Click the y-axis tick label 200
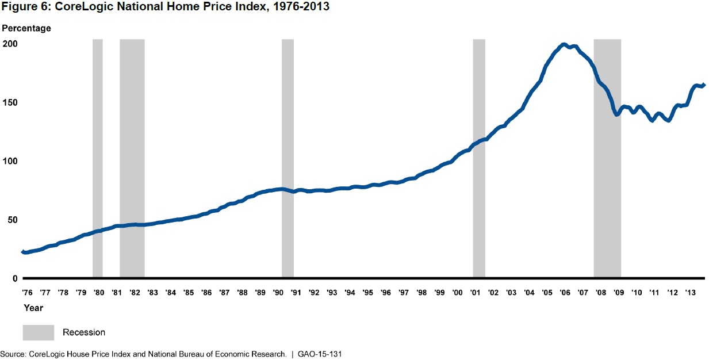(11, 44)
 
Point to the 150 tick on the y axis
(11, 103)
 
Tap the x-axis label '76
(27, 292)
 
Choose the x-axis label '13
(691, 292)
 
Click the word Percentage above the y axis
(26, 28)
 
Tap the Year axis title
(33, 308)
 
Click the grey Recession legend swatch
(39, 332)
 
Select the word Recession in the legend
(84, 332)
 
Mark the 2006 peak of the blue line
(564, 45)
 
